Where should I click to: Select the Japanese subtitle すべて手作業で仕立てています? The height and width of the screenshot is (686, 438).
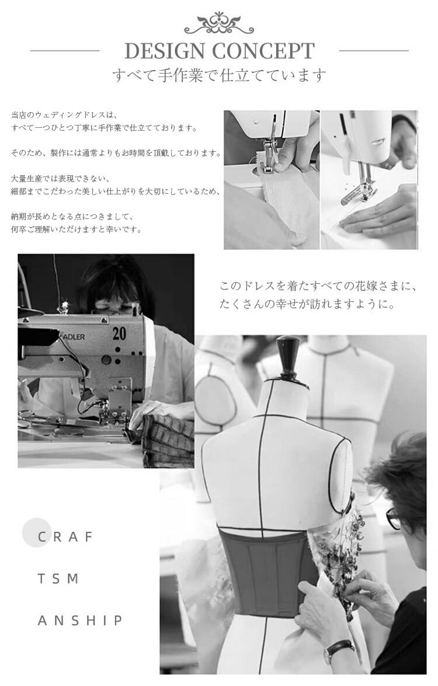219,75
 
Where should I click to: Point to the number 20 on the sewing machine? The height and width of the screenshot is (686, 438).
119,333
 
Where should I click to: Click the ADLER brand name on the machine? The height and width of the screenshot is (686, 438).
74,337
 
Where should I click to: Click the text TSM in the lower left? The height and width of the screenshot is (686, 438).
58,579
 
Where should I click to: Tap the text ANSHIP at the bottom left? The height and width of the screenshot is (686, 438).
81,621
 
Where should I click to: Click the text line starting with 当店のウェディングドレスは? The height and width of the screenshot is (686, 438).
64,116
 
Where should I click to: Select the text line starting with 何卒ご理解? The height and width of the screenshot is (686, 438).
77,229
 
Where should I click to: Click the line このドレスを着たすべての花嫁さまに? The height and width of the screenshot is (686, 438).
318,287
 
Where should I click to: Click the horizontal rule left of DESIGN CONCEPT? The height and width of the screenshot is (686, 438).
65,51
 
